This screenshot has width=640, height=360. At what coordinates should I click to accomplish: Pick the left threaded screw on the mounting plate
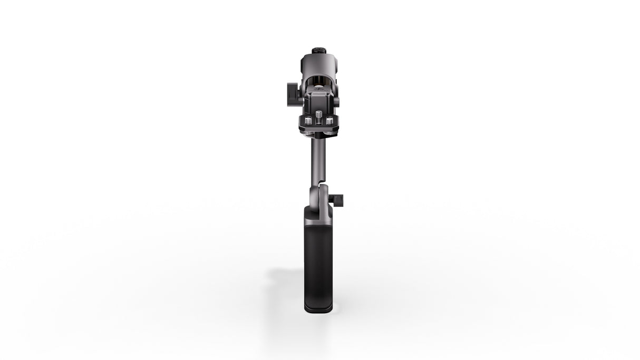308,121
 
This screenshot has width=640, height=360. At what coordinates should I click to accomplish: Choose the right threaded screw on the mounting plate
329,121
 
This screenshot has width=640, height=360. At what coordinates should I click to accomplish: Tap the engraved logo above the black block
318,91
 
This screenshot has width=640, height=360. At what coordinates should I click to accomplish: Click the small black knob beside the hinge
339,200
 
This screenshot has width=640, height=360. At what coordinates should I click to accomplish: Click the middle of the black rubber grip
317,258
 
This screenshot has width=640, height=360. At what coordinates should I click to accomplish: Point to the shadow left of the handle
287,277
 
